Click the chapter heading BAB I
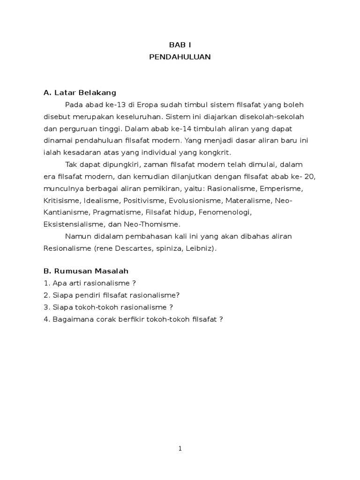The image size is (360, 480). tap(180, 45)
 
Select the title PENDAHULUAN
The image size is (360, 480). tap(180, 57)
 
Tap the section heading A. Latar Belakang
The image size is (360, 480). tap(80, 92)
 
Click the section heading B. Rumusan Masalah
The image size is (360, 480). tap(86, 271)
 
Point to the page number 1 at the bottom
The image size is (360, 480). tap(180, 449)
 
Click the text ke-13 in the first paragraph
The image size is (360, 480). tap(116, 104)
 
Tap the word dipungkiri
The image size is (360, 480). tap(110, 165)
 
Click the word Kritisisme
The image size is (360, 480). tap(62, 201)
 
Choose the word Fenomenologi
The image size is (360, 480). tap(225, 212)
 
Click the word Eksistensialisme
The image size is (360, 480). tap(73, 224)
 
